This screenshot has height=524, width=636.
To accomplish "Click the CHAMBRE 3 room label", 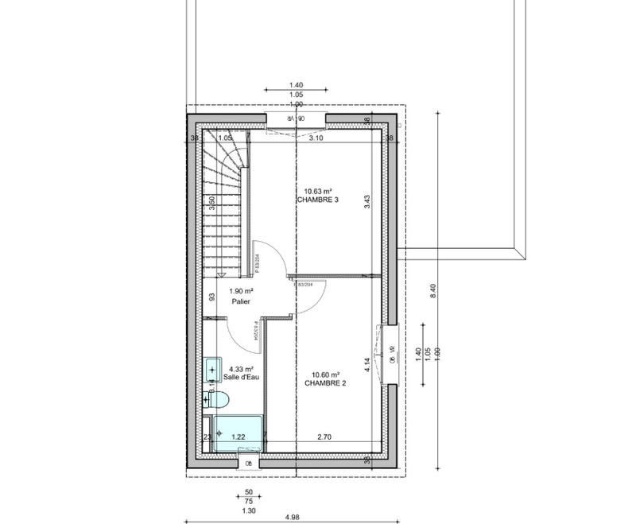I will pyautogui.click(x=318, y=200).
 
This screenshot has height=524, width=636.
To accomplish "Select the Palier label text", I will pyautogui.click(x=242, y=303).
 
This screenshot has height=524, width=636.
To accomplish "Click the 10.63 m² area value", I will pyautogui.click(x=318, y=191).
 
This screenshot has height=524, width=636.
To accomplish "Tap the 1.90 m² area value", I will pyautogui.click(x=241, y=292).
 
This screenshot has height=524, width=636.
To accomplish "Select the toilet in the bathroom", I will pyautogui.click(x=211, y=400).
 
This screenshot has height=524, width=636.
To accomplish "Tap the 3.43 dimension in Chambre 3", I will pyautogui.click(x=367, y=202).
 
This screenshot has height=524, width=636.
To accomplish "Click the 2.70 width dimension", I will pyautogui.click(x=324, y=437).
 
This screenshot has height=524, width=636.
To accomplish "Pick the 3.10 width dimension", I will pyautogui.click(x=316, y=138).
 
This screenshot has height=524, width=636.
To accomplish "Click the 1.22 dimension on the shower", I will pyautogui.click(x=238, y=437).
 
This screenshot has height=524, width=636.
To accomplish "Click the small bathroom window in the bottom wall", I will pyautogui.click(x=248, y=462).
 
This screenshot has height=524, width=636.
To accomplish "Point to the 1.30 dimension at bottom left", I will pyautogui.click(x=248, y=510).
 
